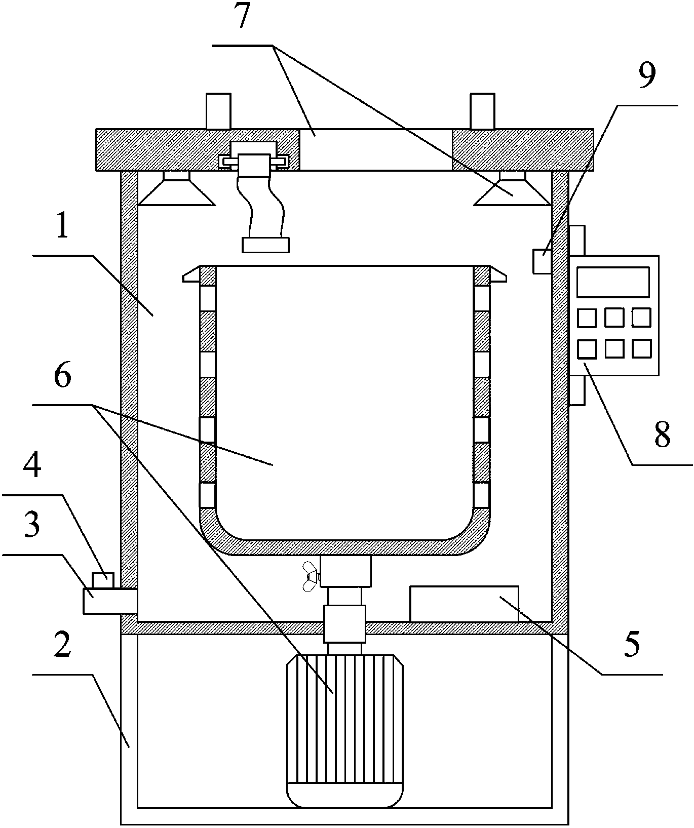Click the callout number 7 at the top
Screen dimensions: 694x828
(x=243, y=17)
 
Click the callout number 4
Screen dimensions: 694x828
(x=32, y=468)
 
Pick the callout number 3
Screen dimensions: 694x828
(x=32, y=527)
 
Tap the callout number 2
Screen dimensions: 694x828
(x=62, y=647)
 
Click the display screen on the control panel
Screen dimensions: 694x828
(x=613, y=282)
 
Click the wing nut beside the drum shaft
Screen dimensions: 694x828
(x=309, y=576)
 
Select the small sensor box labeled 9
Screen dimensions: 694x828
(x=542, y=261)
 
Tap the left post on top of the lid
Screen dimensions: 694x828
(x=218, y=111)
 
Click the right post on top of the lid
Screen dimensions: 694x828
(x=483, y=111)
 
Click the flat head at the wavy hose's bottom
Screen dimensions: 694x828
(x=266, y=245)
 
